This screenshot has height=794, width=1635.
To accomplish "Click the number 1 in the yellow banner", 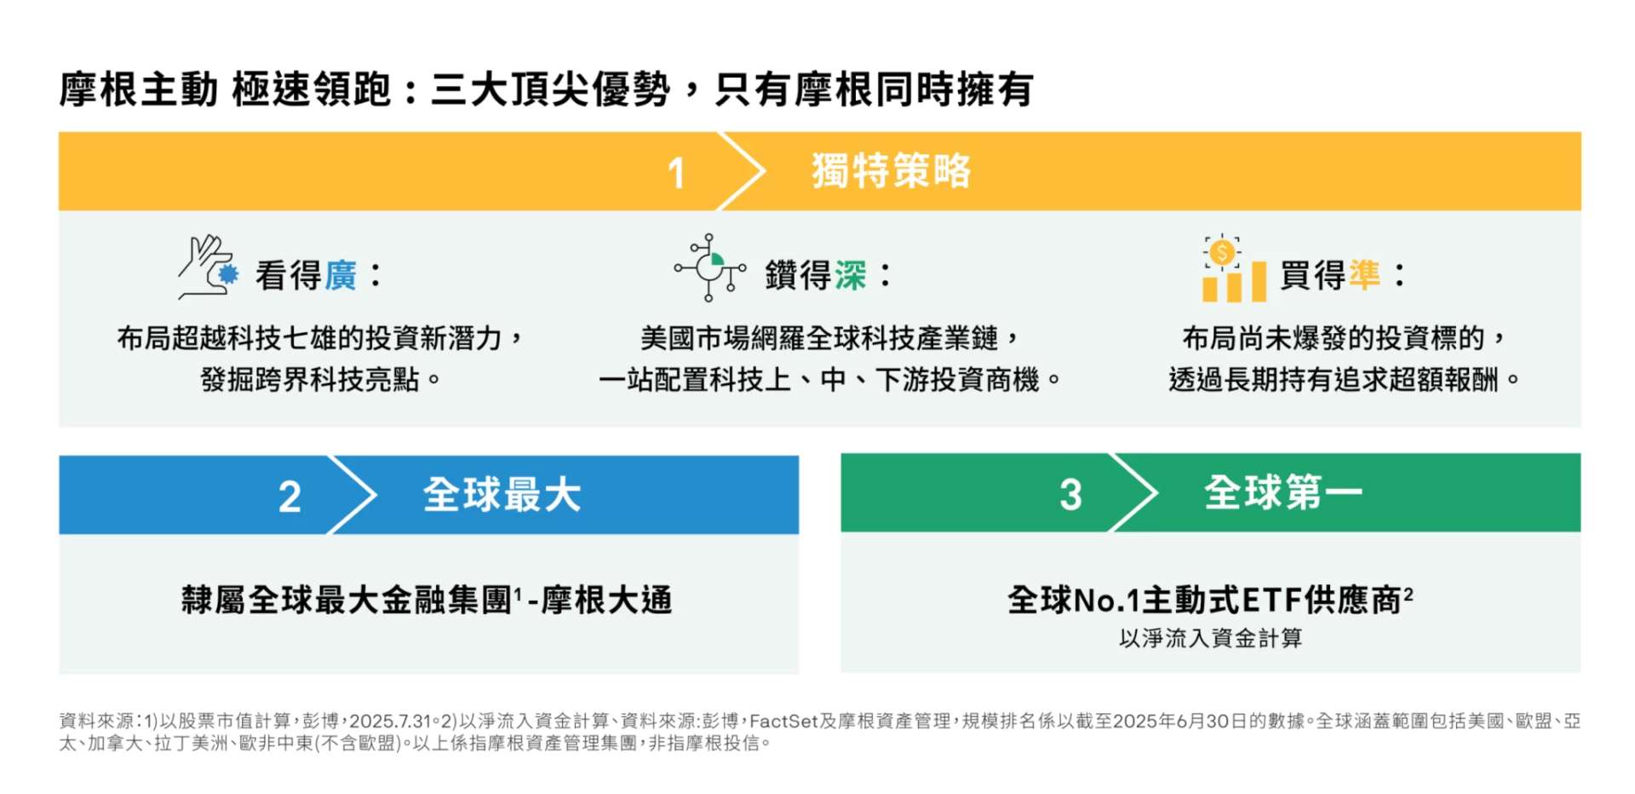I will click(676, 173).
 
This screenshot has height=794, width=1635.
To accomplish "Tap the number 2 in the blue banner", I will click(290, 496).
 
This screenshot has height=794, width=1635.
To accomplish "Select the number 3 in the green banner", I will click(1070, 494).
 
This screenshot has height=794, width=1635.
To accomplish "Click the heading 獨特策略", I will click(891, 171).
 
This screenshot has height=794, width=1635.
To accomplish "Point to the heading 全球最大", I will click(502, 495).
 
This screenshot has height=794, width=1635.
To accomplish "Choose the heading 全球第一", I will click(1282, 493).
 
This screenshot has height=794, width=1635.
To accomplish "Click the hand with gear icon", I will click(207, 268).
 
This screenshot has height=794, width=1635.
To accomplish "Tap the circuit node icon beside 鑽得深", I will click(709, 268).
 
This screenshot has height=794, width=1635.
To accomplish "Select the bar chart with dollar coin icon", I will click(1233, 269).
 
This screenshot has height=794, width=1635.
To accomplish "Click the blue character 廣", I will click(341, 276).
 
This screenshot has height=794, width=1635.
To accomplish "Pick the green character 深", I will click(850, 276).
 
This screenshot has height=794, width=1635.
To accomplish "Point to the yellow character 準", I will click(1364, 275).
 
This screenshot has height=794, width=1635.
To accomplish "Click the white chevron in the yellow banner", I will click(741, 171).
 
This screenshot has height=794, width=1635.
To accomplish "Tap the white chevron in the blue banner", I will click(353, 495).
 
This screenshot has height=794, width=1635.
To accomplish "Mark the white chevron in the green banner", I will click(1134, 493).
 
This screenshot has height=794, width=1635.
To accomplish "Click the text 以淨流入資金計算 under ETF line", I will click(1210, 638).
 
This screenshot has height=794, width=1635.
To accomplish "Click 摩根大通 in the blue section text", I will click(606, 601).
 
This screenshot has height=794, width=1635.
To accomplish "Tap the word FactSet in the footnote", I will click(783, 722).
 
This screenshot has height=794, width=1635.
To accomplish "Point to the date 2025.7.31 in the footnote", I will click(390, 722).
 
